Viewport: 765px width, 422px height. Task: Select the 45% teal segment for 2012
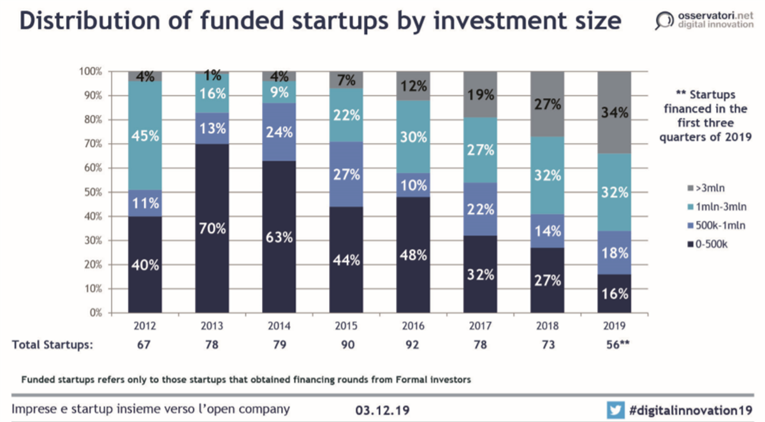point(145,136)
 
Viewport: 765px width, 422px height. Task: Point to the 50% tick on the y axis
point(92,193)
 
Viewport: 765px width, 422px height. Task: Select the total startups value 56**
point(615,345)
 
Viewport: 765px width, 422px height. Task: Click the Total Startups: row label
point(52,345)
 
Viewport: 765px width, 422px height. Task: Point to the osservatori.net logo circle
point(664,20)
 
